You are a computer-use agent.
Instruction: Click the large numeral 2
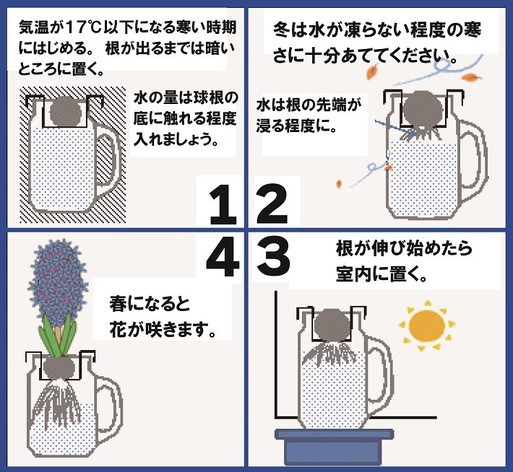click(272, 204)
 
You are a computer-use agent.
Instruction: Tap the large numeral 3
click(273, 255)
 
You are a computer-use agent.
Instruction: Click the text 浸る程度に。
click(298, 125)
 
